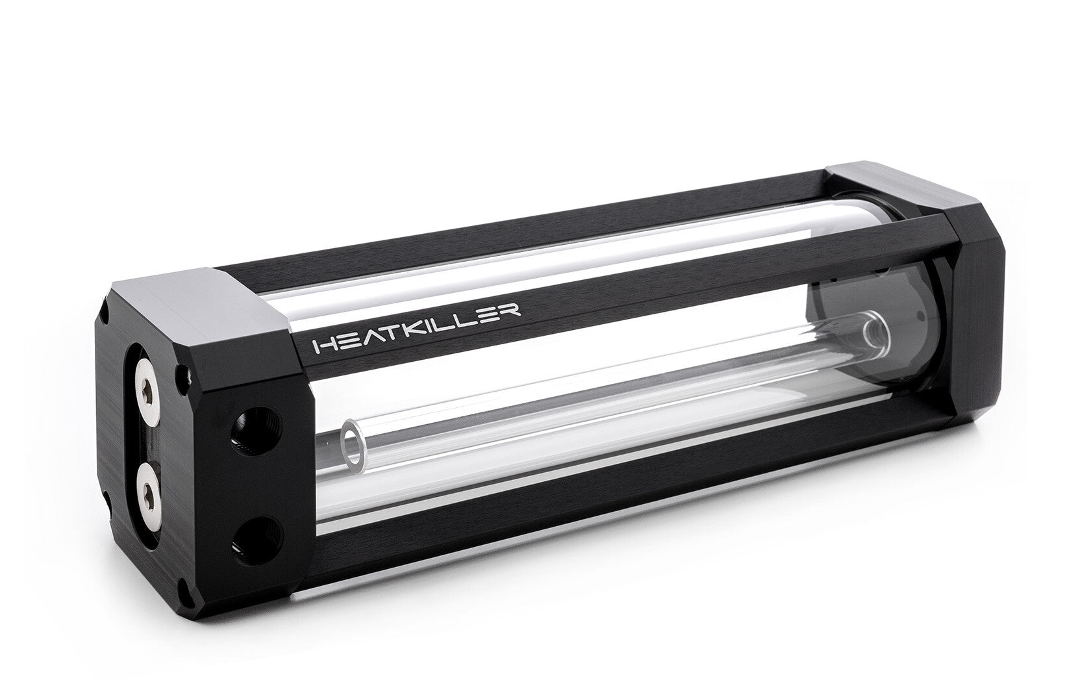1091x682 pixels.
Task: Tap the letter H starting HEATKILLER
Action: click(322, 346)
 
